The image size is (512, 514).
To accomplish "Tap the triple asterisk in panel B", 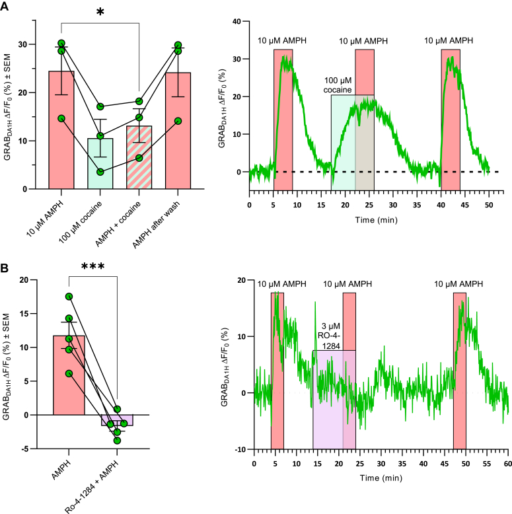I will [92, 268].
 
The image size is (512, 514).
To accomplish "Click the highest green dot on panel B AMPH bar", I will [69, 297].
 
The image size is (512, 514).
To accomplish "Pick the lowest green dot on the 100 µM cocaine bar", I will [100, 172].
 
